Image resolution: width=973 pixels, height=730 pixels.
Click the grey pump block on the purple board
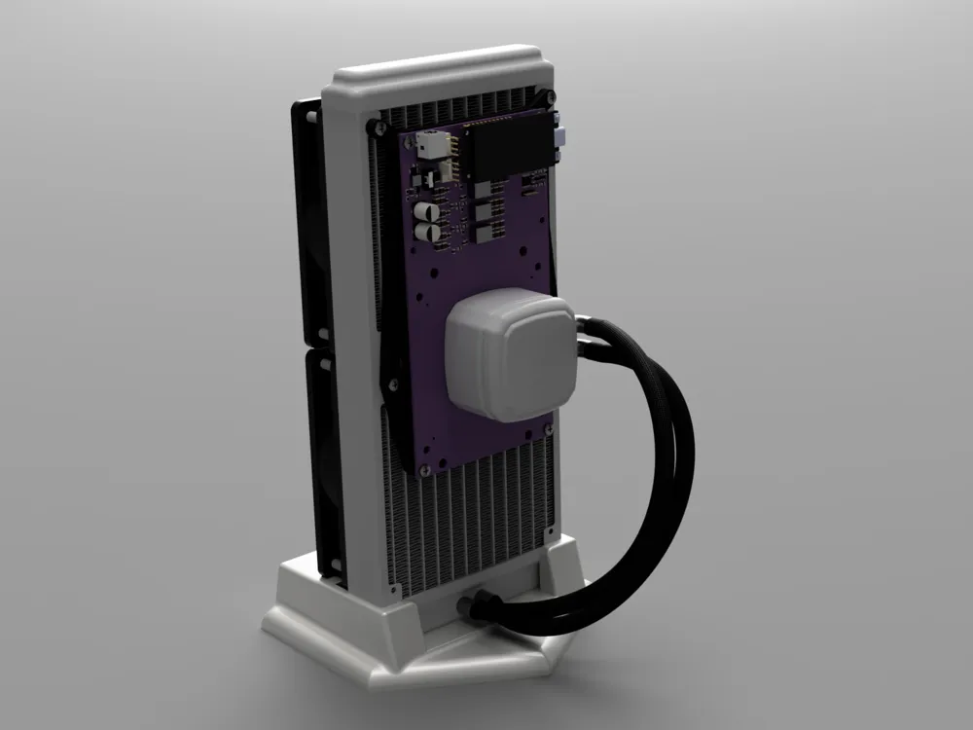tap(507, 357)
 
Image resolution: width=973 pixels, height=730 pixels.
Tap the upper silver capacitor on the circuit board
tap(425, 211)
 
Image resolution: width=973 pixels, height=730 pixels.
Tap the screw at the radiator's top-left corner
tap(375, 127)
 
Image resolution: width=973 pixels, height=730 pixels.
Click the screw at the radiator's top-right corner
tap(551, 96)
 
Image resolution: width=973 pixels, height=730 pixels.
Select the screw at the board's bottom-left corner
tap(425, 470)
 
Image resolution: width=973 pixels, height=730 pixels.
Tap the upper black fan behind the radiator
tap(309, 224)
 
